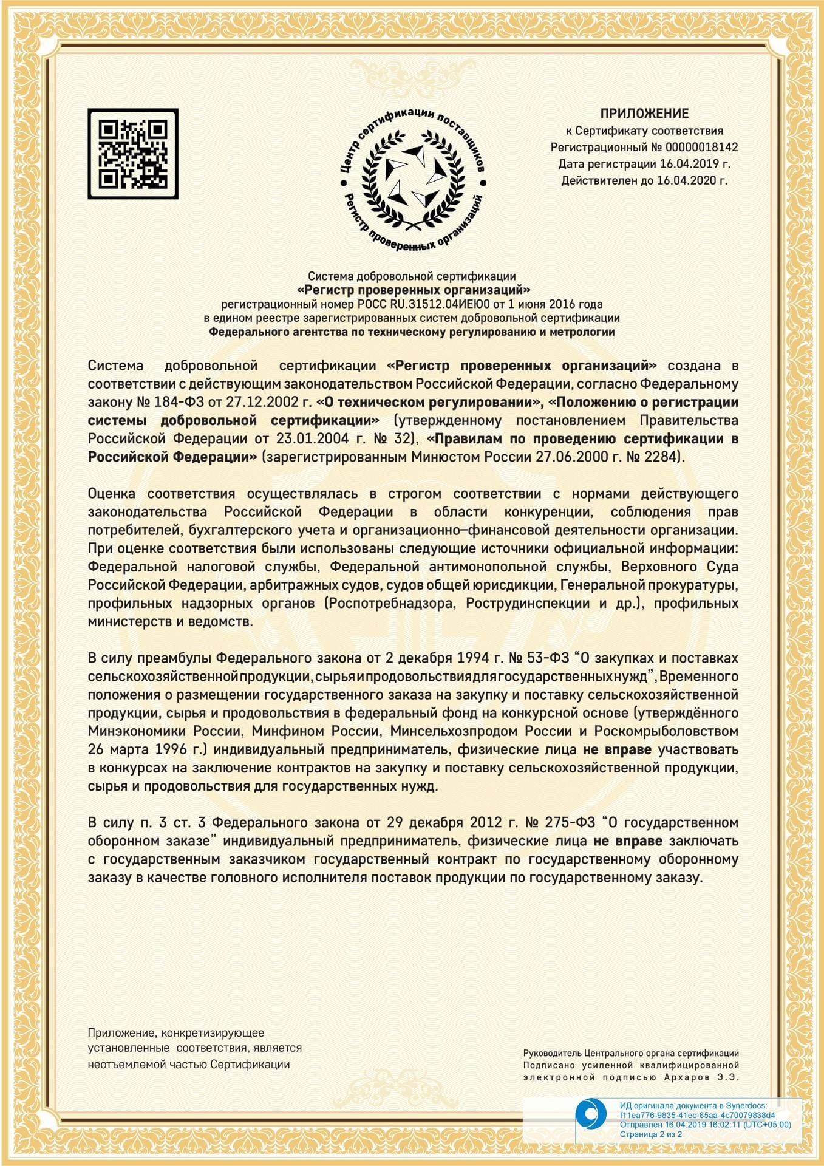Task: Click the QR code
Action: [x=133, y=154]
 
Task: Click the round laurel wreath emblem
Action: [x=412, y=180]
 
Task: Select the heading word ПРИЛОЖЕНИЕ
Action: [x=644, y=114]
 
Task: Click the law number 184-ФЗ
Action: [x=177, y=402]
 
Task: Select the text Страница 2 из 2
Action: [x=650, y=1134]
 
